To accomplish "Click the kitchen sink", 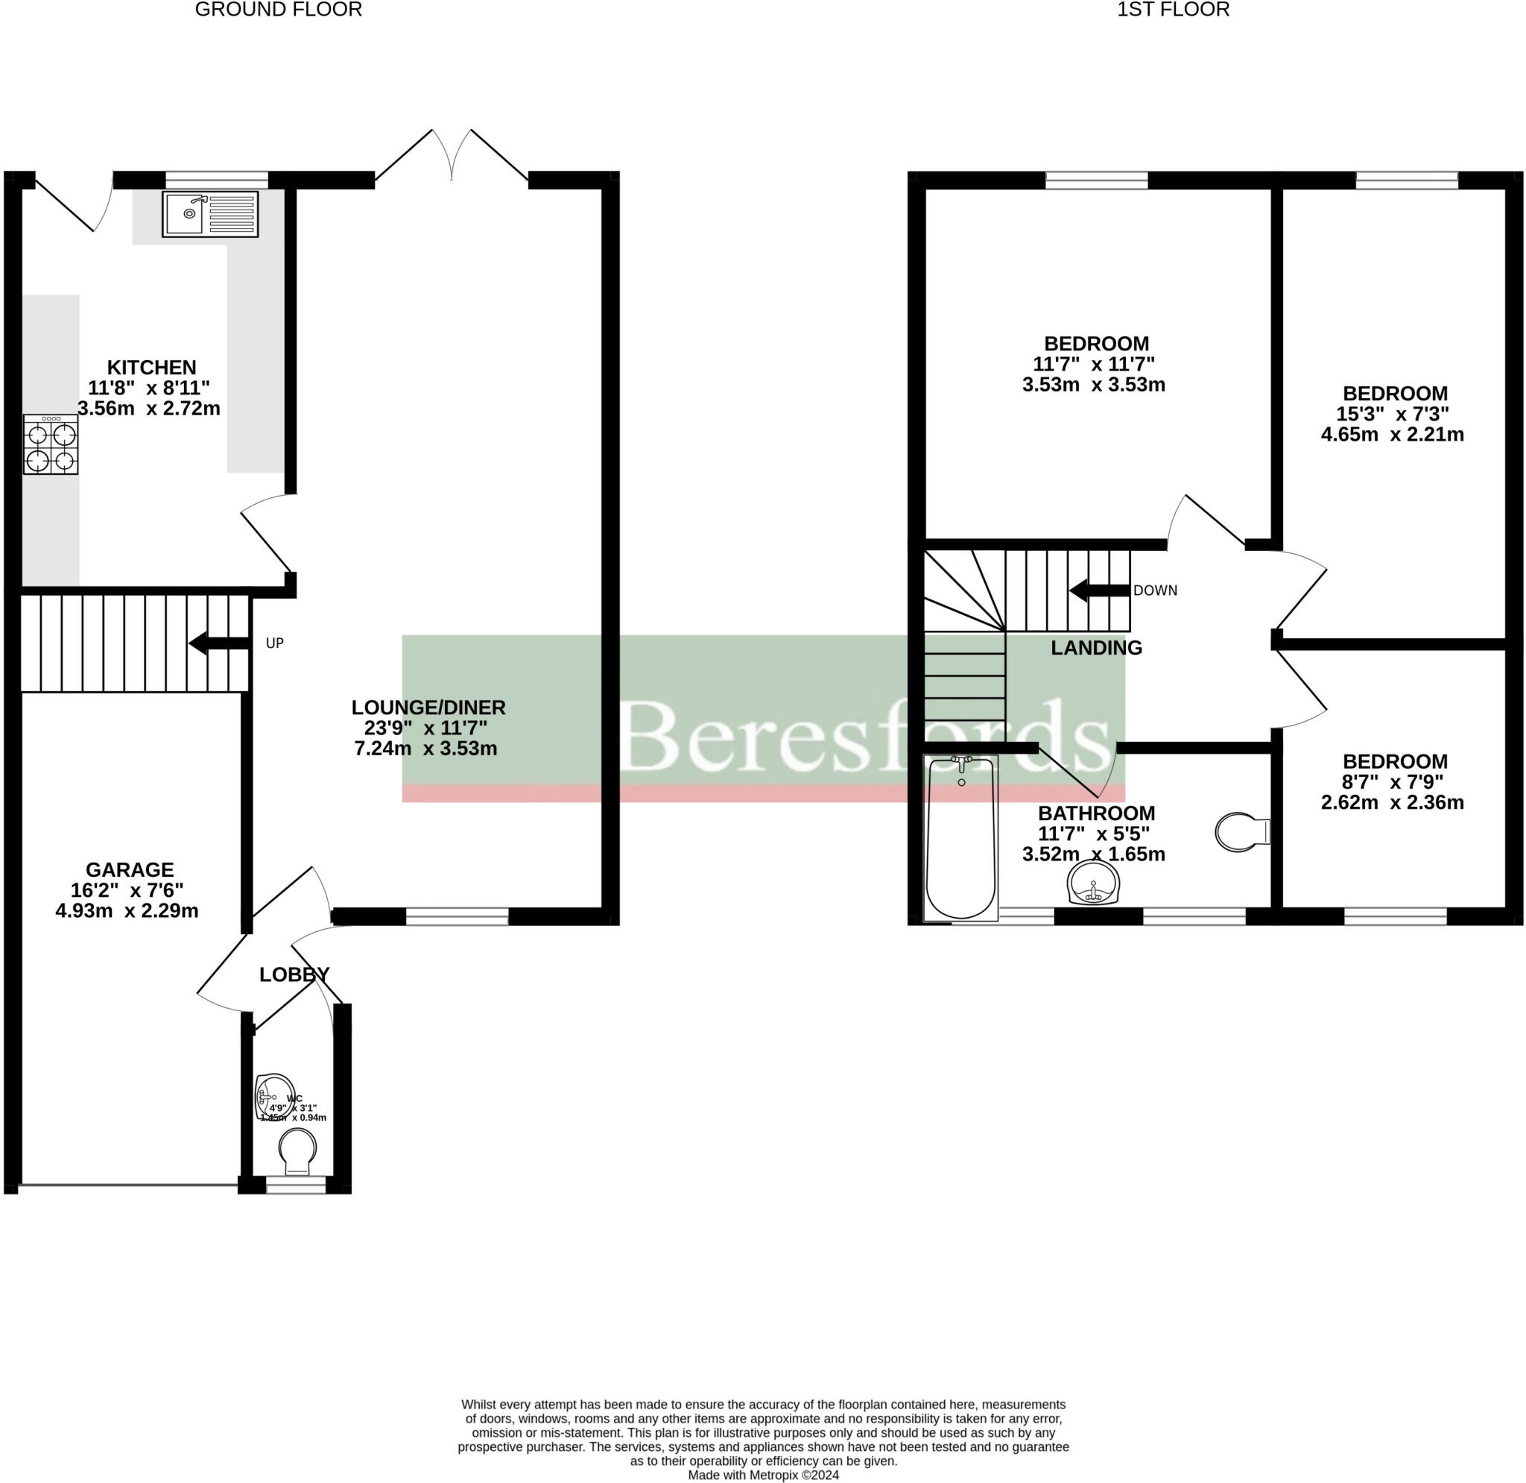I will pyautogui.click(x=209, y=213).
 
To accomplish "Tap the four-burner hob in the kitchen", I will pyautogui.click(x=51, y=444).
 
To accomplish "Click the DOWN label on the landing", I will pyautogui.click(x=1155, y=591).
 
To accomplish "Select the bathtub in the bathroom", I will pyautogui.click(x=960, y=837).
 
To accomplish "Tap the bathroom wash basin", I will pyautogui.click(x=1094, y=884).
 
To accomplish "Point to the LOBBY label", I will pyautogui.click(x=294, y=975).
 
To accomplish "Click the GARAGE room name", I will pyautogui.click(x=129, y=869).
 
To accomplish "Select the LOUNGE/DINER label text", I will pyautogui.click(x=428, y=708).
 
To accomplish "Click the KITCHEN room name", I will pyautogui.click(x=151, y=367).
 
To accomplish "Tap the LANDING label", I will pyautogui.click(x=1096, y=647).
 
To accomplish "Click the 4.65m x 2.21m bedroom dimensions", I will pyautogui.click(x=1392, y=435).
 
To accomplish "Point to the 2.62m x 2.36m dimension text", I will pyautogui.click(x=1392, y=802).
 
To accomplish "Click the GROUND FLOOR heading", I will pyautogui.click(x=278, y=10).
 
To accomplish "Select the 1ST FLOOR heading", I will pyautogui.click(x=1173, y=10).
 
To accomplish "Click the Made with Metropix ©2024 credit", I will pyautogui.click(x=763, y=1476).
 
